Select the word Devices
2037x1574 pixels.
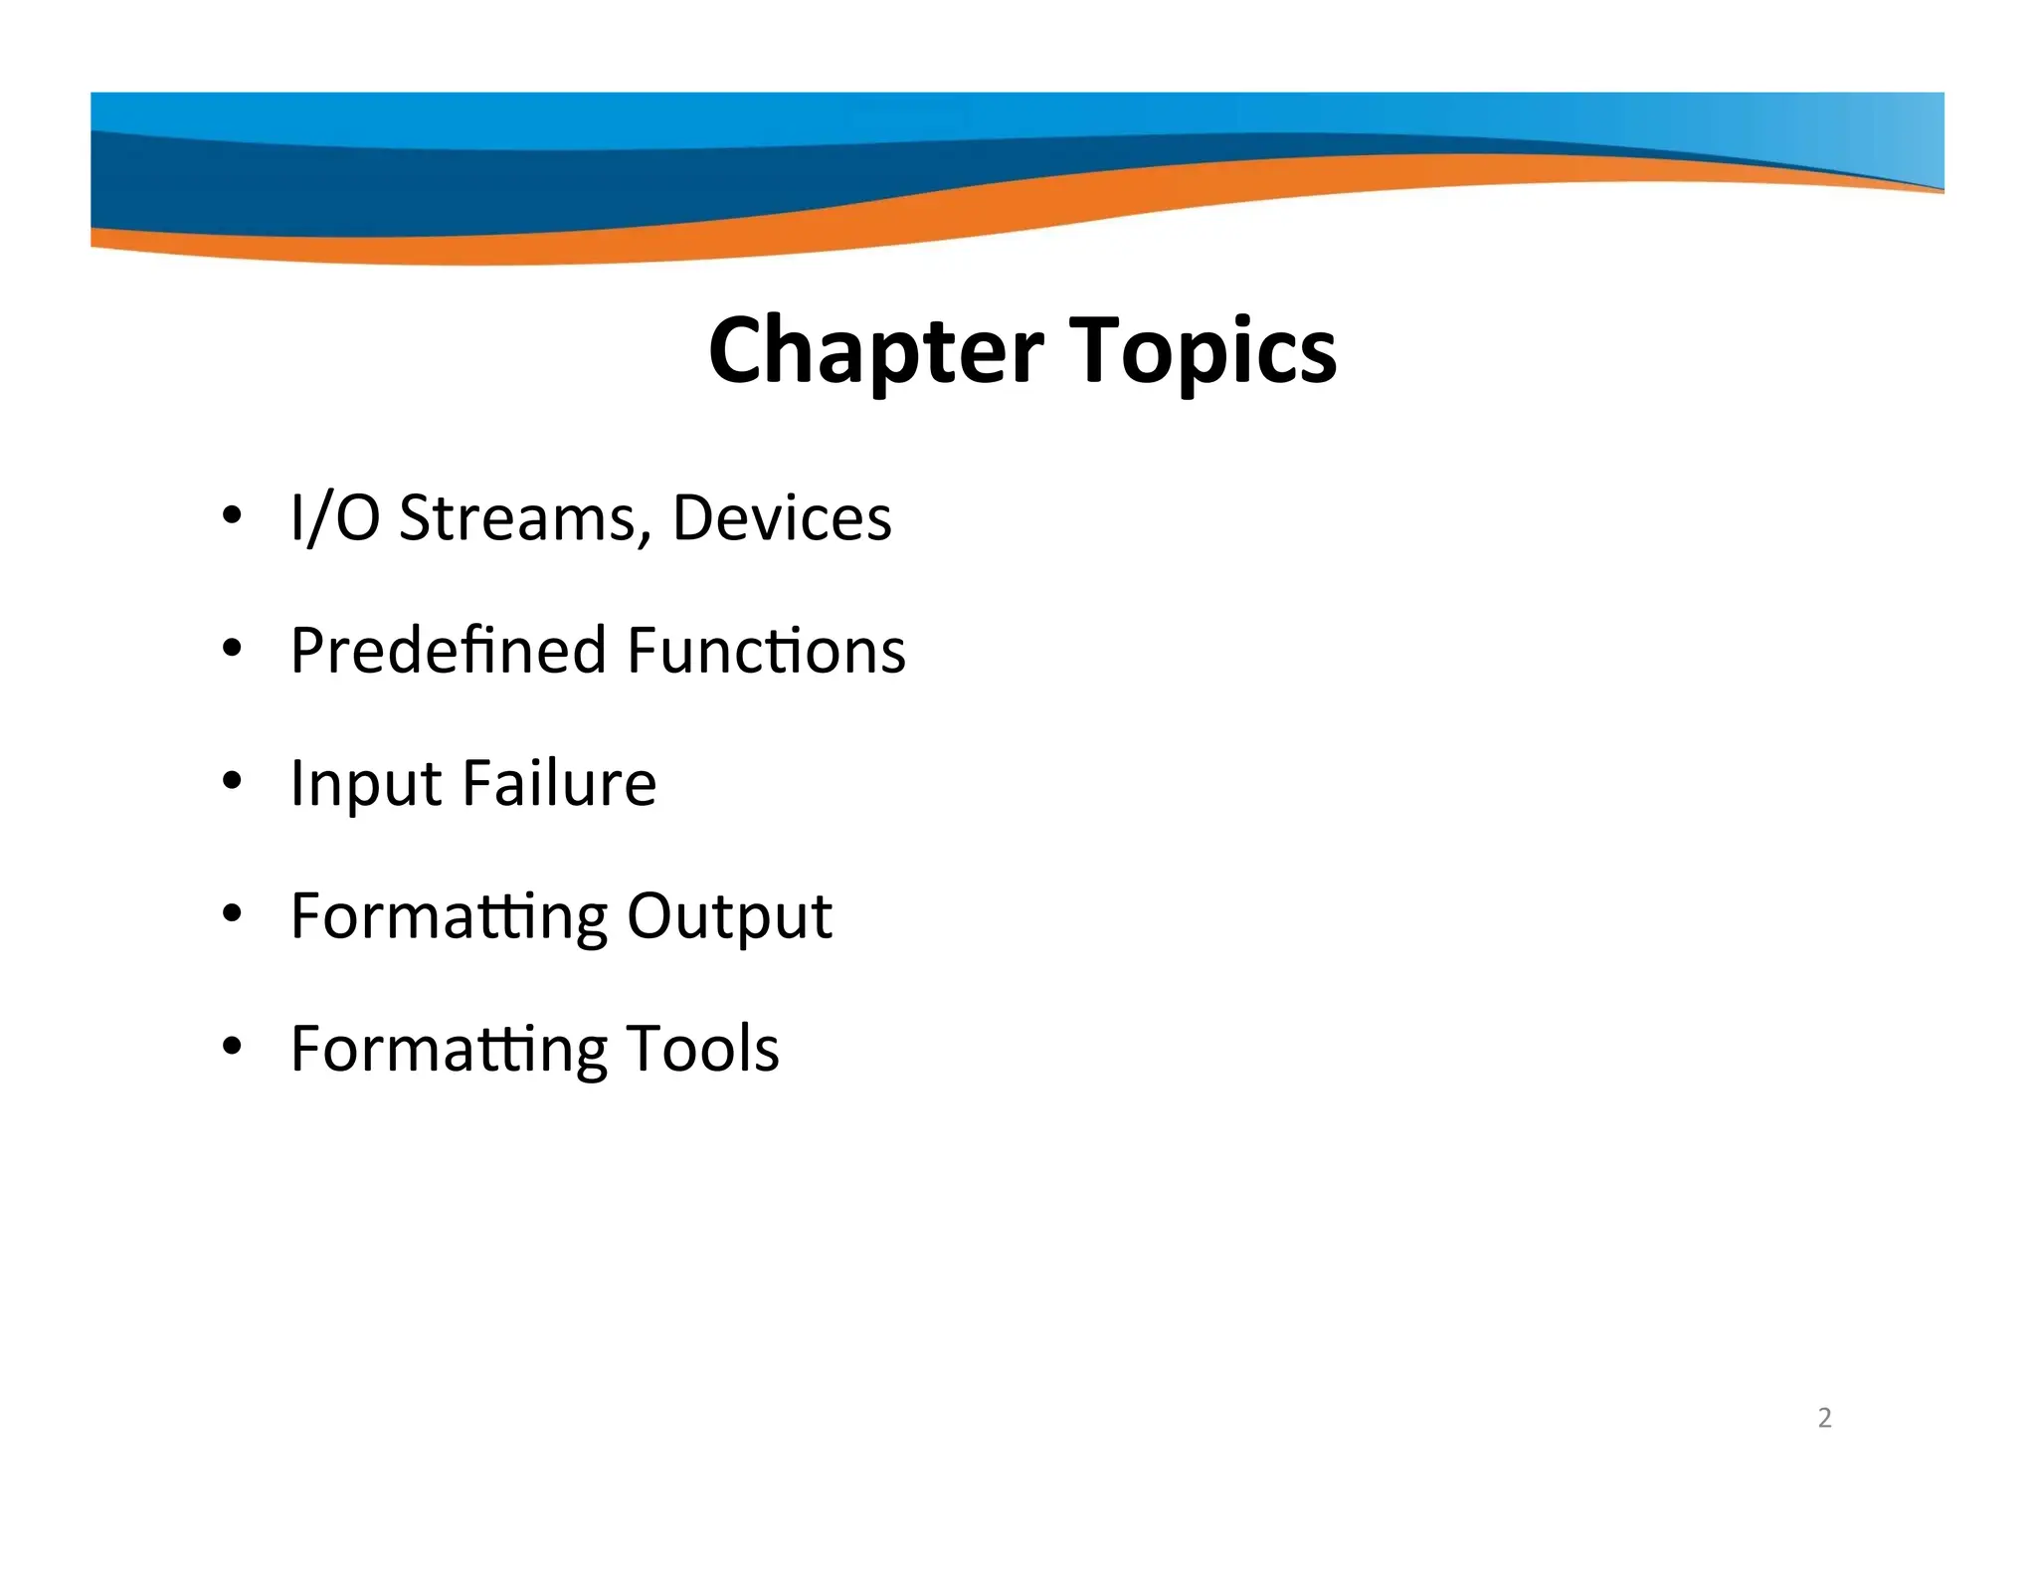[x=782, y=518]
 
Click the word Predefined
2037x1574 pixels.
[x=449, y=651]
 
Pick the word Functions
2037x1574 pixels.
[x=766, y=651]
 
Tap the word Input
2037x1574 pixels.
[x=366, y=785]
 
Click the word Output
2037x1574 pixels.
[x=729, y=917]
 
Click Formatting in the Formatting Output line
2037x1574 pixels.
[x=449, y=917]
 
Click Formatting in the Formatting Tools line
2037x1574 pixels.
[x=449, y=1050]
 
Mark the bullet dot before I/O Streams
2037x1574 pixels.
[x=232, y=515]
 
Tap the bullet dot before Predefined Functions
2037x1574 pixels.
[x=232, y=649]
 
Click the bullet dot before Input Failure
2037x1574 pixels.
[x=232, y=781]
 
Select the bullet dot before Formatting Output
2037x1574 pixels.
[x=232, y=913]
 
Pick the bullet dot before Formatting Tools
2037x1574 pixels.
[x=232, y=1046]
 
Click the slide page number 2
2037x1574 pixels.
[x=1824, y=1418]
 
